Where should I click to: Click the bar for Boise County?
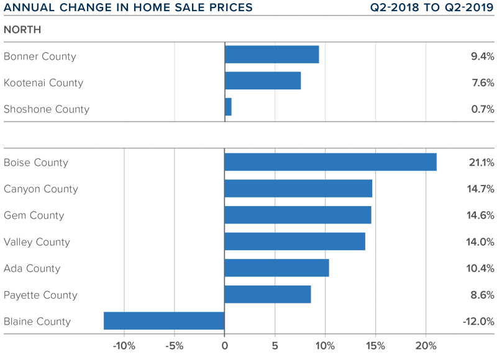[330, 162]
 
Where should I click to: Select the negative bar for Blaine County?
[164, 321]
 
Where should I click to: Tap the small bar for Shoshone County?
[228, 107]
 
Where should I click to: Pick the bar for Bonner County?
[271, 55]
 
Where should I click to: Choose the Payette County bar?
[267, 294]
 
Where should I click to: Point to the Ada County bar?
[276, 268]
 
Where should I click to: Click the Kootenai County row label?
[43, 83]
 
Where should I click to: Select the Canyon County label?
[40, 189]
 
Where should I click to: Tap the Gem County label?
[34, 215]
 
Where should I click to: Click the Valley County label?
[37, 242]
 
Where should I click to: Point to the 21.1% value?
[481, 163]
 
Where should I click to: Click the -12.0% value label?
[478, 322]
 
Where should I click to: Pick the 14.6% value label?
[481, 215]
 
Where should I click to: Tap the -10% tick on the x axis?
[124, 346]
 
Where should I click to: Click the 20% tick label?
[426, 346]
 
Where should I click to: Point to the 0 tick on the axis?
[224, 346]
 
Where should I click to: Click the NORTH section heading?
[22, 30]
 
